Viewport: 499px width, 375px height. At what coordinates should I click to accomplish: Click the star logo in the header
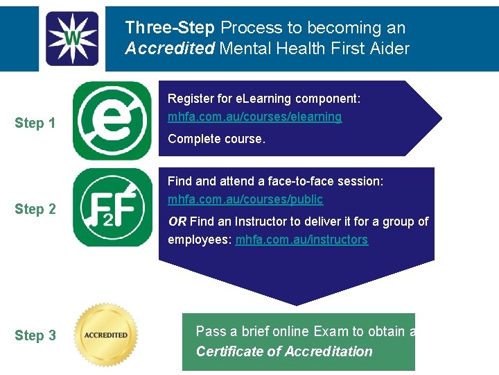(72, 38)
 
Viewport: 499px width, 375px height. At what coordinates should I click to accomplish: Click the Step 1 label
(35, 124)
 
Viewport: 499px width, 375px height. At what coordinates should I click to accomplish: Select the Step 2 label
(35, 209)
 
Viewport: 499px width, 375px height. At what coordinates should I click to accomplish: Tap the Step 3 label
(35, 335)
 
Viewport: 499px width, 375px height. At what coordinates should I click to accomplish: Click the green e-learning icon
(112, 121)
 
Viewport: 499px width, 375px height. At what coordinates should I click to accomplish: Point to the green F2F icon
(112, 207)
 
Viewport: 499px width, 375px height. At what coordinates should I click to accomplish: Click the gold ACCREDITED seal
(106, 335)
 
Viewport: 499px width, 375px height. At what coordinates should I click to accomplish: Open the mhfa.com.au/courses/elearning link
(254, 117)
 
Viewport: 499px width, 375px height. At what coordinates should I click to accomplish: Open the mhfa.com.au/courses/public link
(245, 199)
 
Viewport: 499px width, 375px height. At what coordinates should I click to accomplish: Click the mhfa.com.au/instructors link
(301, 240)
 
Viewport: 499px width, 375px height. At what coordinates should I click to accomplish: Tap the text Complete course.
(216, 139)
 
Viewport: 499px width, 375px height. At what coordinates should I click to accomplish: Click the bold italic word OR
(177, 222)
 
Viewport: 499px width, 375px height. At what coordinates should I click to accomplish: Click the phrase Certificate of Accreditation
(284, 351)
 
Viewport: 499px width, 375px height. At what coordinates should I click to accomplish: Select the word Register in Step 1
(191, 99)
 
